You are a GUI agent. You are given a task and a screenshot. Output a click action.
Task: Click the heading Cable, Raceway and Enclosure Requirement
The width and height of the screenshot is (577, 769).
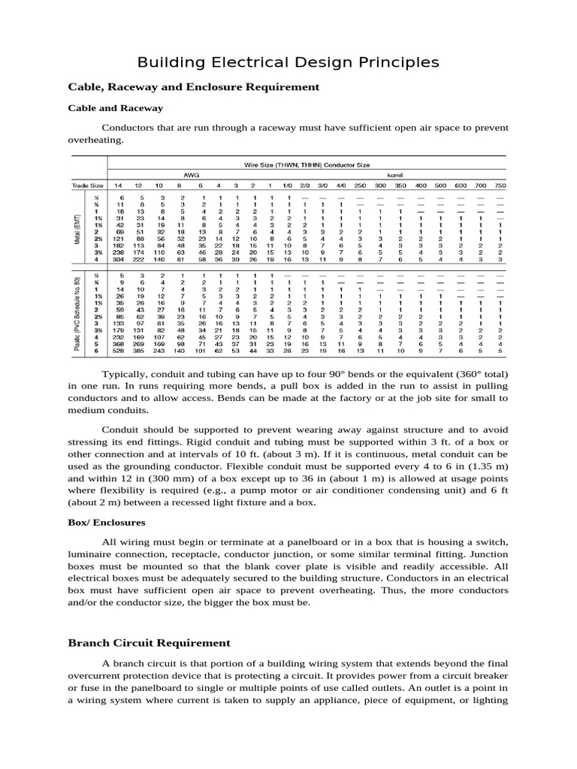(194, 87)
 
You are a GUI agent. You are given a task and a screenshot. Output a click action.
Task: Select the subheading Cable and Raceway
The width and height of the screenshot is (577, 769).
(116, 108)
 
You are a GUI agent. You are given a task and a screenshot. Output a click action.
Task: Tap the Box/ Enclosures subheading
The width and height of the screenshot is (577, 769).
(107, 521)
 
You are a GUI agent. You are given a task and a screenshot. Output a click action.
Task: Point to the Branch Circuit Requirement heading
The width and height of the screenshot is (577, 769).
(150, 643)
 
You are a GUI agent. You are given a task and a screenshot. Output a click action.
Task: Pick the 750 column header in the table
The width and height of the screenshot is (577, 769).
(500, 185)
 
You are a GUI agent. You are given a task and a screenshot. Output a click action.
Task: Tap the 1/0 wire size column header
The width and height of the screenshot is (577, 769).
(288, 185)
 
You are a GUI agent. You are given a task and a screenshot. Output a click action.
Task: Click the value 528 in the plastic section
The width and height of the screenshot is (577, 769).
(118, 350)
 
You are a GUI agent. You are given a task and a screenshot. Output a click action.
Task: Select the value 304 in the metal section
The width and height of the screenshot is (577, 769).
(118, 259)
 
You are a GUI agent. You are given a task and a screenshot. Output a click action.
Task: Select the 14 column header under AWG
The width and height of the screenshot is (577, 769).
(118, 185)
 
